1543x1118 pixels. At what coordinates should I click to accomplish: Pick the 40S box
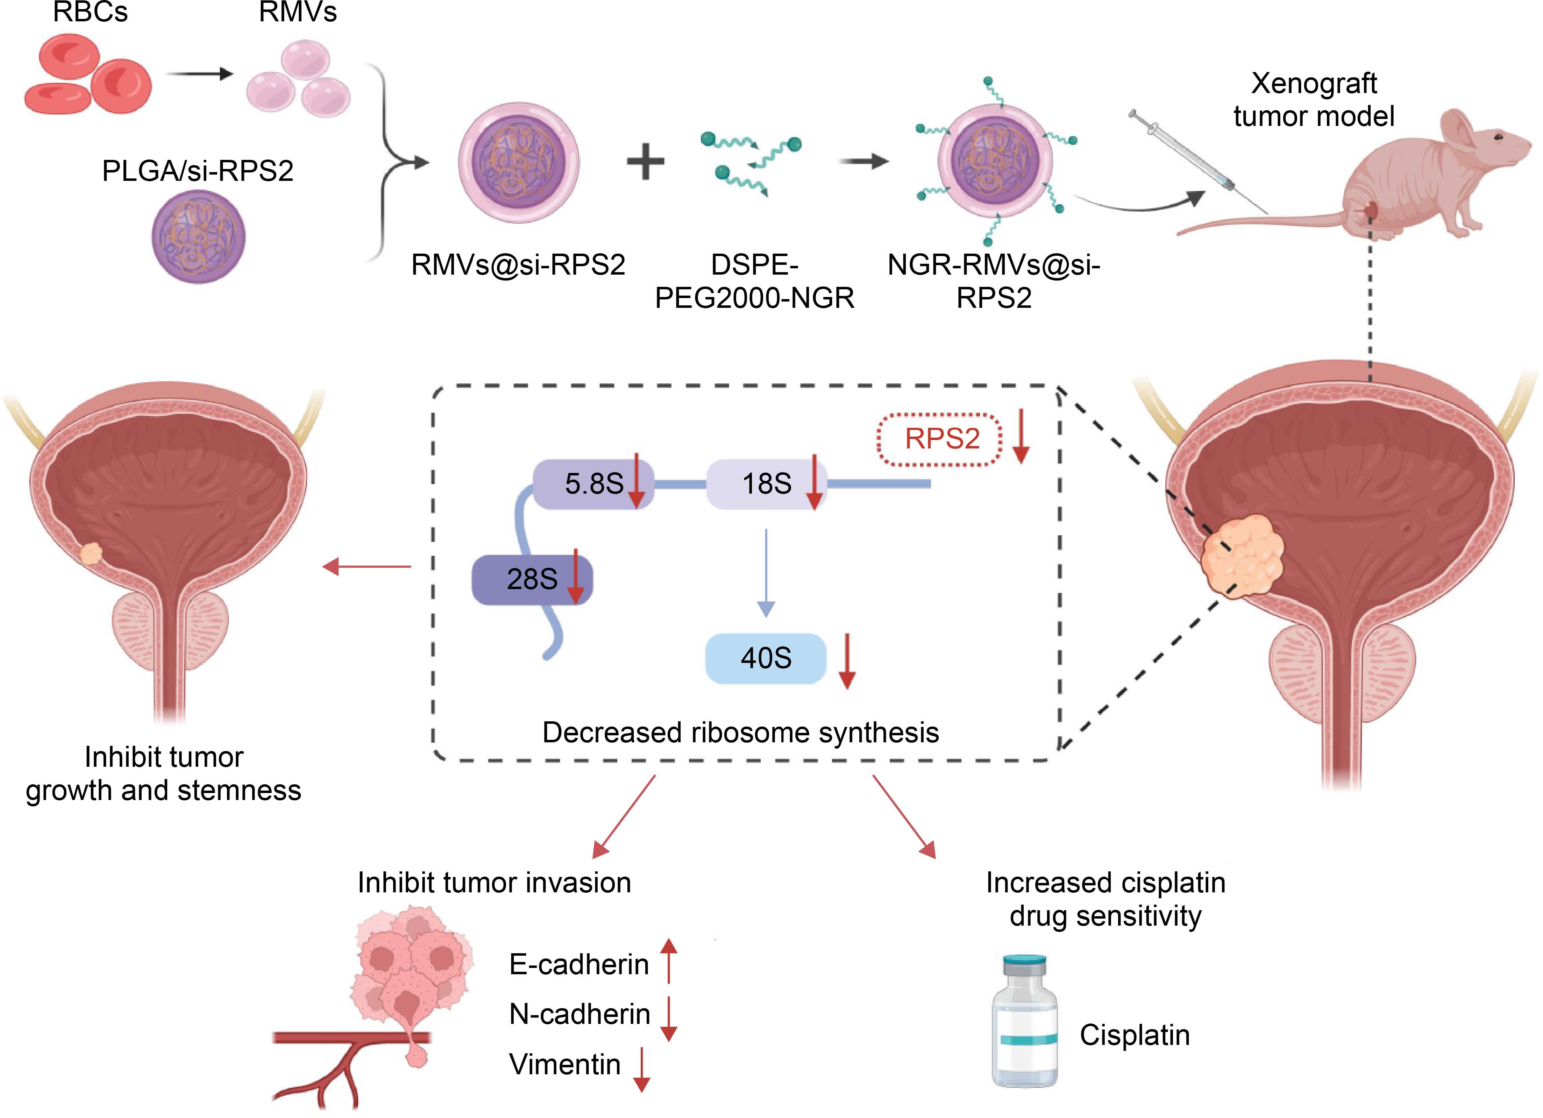click(765, 658)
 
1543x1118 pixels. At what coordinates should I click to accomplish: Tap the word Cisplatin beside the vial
click(1134, 1035)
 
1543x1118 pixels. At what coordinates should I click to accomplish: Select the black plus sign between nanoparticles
click(645, 162)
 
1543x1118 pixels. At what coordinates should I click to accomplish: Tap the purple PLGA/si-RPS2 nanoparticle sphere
click(198, 236)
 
